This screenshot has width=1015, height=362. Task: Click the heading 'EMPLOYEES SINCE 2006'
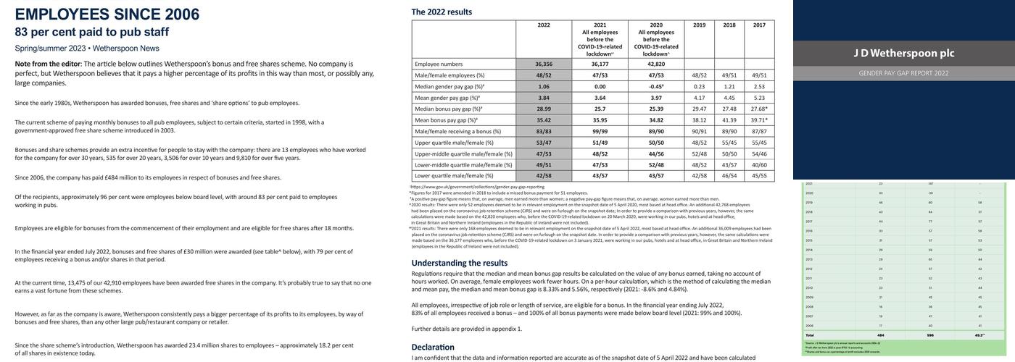107,14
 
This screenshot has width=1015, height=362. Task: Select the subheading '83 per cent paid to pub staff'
91,32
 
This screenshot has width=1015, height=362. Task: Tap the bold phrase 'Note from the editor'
48,64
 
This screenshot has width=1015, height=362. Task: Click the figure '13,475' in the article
79,283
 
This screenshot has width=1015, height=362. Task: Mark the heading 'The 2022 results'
442,12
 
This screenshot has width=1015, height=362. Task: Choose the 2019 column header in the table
699,25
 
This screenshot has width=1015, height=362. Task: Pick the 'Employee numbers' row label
439,64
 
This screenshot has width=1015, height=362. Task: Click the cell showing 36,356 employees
544,64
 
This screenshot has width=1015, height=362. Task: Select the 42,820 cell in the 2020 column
656,64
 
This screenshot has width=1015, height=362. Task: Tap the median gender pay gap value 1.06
544,86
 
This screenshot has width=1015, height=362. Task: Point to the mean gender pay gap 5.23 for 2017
759,98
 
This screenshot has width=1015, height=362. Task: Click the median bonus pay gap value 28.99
544,109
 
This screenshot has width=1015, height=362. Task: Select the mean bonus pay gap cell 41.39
729,120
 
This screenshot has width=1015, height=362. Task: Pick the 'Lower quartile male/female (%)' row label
458,176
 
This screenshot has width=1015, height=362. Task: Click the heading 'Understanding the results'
460,263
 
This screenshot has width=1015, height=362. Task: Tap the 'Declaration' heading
433,348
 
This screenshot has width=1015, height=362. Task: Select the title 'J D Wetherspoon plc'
903,53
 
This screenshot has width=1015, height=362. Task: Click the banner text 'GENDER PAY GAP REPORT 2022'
903,73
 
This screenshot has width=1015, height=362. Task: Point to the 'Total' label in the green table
810,335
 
